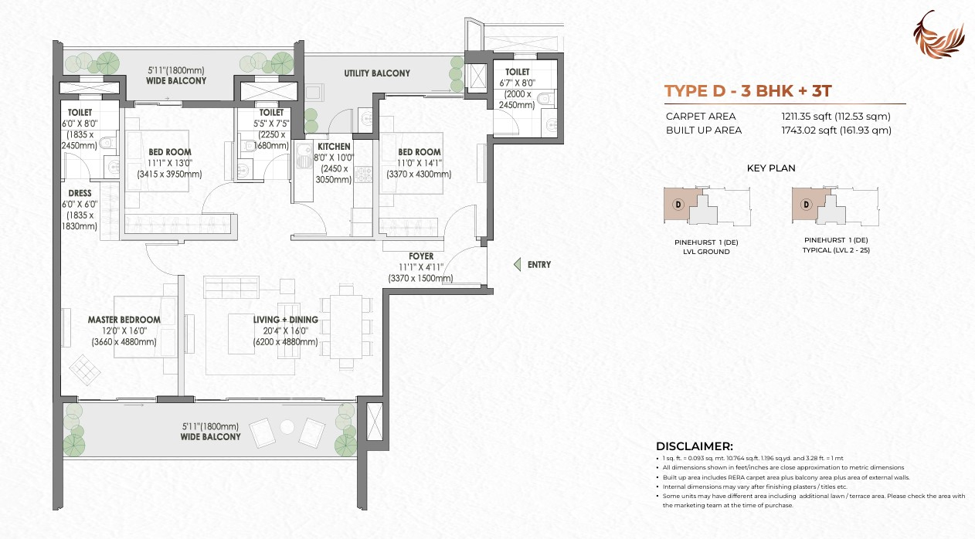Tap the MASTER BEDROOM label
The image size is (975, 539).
[x=124, y=320]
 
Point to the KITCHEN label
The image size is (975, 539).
[x=334, y=146]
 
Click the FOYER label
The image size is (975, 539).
[x=421, y=256]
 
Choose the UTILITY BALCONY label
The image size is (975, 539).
[x=377, y=73]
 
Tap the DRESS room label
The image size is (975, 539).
[x=80, y=193]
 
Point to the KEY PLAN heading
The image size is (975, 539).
[x=771, y=168]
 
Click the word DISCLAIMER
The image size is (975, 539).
[x=694, y=446]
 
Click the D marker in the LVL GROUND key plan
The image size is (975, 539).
[x=678, y=205]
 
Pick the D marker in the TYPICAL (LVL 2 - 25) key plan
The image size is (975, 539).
[x=806, y=205]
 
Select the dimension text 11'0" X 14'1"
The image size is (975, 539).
[x=420, y=163]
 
